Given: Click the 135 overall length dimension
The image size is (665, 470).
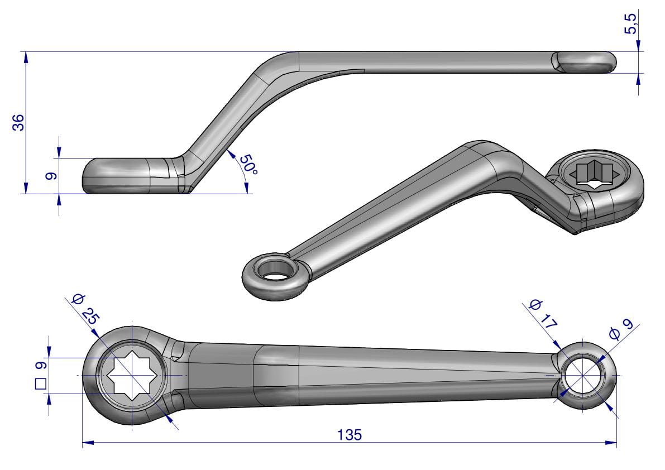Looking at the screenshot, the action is [x=350, y=435].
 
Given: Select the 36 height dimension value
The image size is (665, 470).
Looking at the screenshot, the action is [x=18, y=122].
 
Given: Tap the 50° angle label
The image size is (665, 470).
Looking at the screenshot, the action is [x=248, y=165].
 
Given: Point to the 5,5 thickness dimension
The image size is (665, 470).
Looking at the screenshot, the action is [x=630, y=24].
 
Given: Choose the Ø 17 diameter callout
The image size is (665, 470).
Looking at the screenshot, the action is [x=543, y=314].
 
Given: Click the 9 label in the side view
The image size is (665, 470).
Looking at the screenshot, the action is [x=51, y=175].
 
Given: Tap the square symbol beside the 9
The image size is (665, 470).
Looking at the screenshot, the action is [x=41, y=383].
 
